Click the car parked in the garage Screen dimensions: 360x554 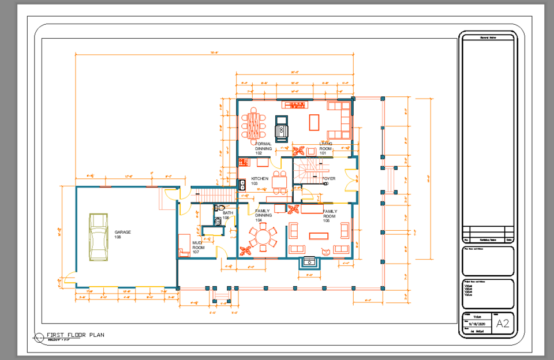[98, 237]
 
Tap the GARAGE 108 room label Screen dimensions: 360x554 [122, 234]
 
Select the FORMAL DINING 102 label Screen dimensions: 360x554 [263, 148]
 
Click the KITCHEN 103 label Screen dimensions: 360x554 [259, 181]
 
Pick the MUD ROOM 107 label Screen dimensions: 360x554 [198, 247]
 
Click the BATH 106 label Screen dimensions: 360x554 [227, 215]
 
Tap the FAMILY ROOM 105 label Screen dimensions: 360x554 [330, 216]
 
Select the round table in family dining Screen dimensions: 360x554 [263, 237]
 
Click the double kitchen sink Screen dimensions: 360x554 [243, 185]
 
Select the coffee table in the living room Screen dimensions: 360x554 [315, 122]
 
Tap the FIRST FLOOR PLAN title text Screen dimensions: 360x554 [75, 335]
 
